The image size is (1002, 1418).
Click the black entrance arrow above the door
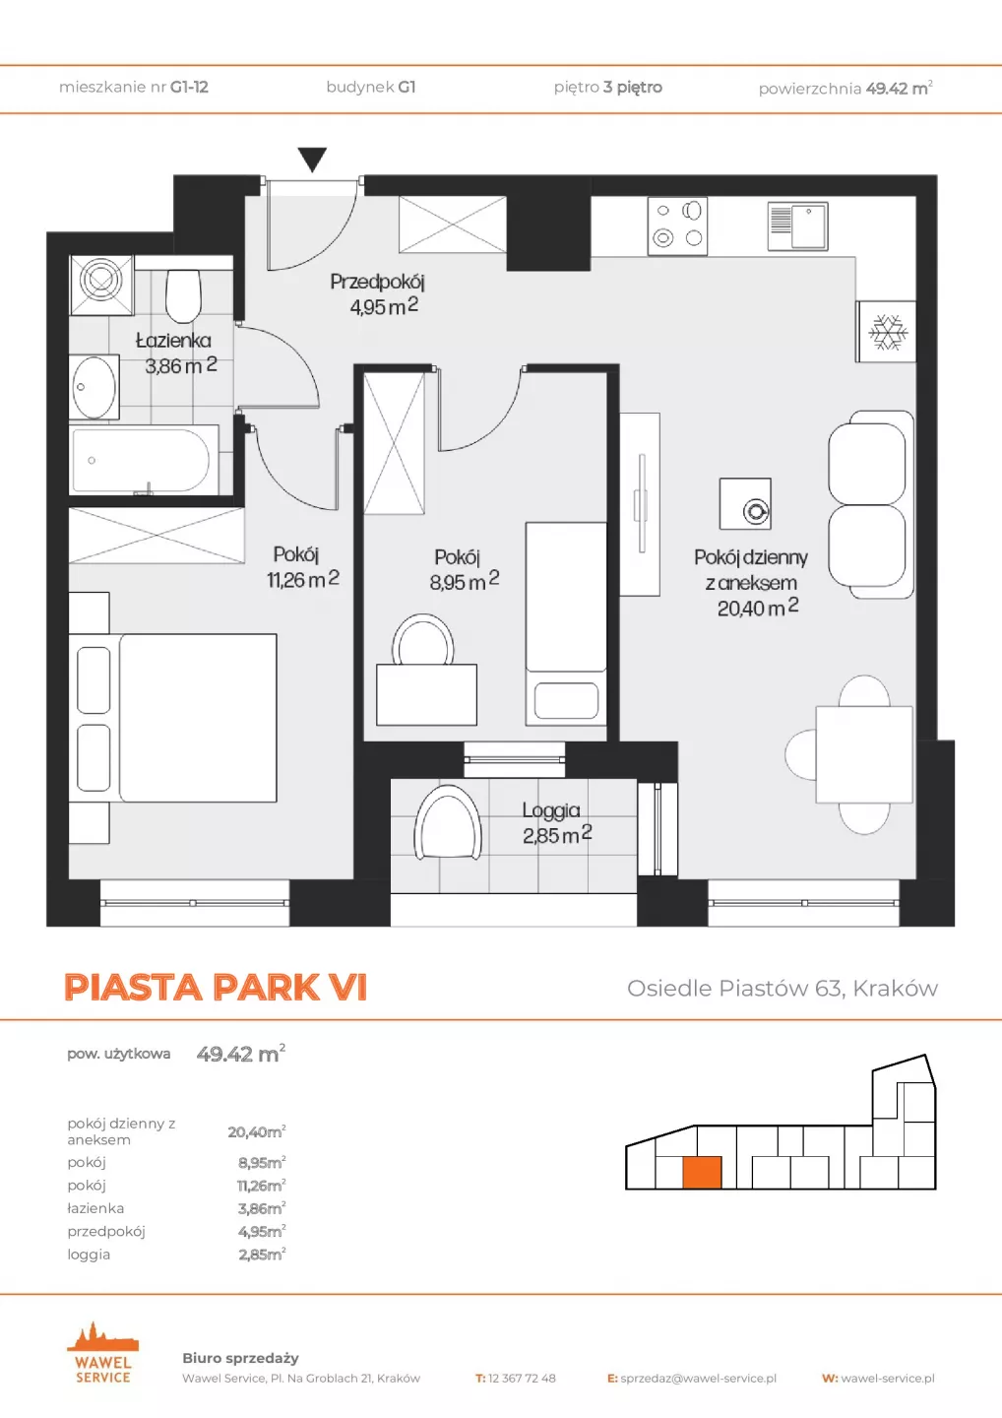point(312,159)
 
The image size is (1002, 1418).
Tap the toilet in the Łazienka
point(183,295)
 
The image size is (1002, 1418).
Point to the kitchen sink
point(797,226)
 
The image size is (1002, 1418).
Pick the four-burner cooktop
point(677,226)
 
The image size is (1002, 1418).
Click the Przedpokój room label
point(377,281)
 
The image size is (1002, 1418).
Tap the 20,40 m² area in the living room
point(757,608)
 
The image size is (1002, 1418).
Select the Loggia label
point(551,809)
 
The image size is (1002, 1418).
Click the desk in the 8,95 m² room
point(426,694)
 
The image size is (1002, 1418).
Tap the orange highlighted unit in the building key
point(702,1172)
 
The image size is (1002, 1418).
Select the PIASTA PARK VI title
point(216,987)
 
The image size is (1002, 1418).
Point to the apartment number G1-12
point(189,87)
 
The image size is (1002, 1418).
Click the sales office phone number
point(522,1379)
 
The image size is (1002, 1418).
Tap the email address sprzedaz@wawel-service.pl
point(699,1379)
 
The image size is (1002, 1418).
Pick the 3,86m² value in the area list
point(262,1208)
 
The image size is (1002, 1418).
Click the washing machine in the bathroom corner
point(101,285)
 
